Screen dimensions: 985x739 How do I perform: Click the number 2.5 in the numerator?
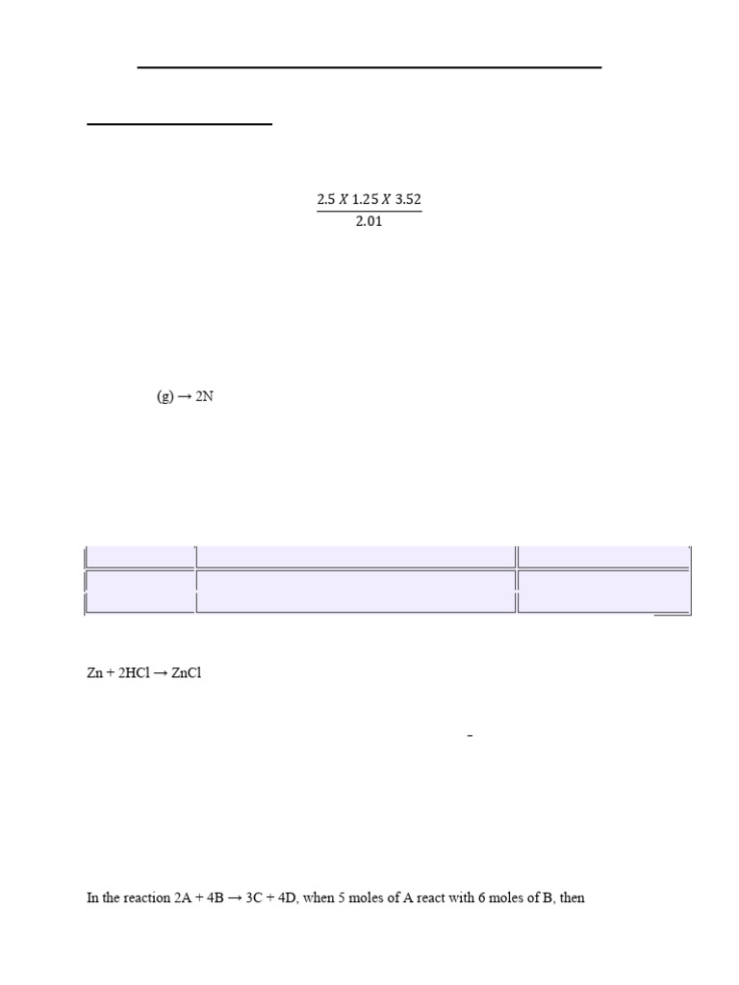[326, 200]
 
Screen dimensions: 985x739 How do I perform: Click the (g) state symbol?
[166, 396]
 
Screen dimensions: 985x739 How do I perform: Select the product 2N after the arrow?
[204, 396]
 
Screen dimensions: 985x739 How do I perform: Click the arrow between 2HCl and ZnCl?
[162, 673]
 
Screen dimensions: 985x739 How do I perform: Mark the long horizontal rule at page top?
[369, 67]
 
